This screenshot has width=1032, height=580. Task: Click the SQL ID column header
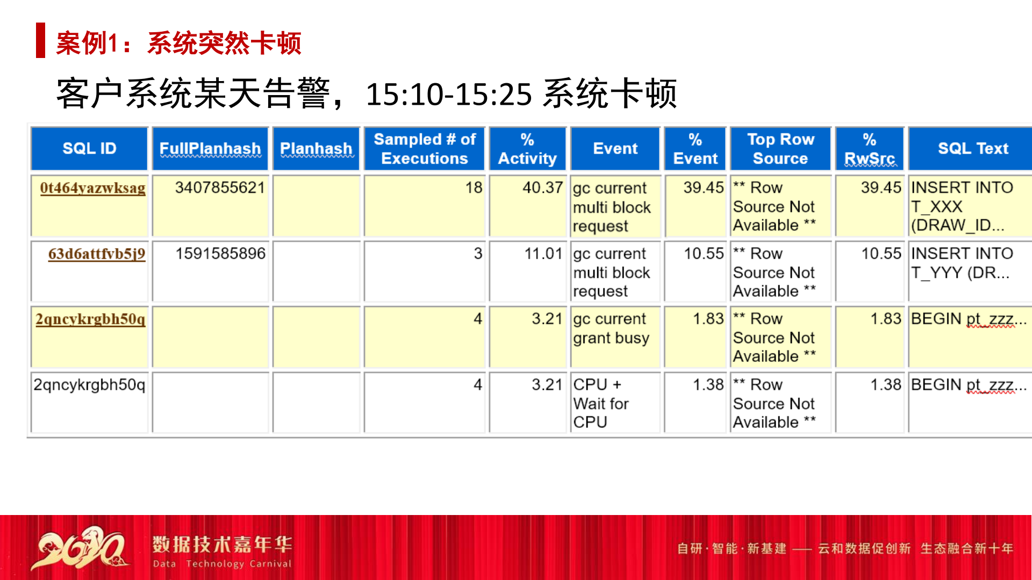[x=89, y=149]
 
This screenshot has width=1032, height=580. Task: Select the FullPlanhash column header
[x=210, y=149]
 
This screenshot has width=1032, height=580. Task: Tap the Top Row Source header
[x=780, y=149]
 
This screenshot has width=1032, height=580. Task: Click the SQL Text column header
[x=973, y=149]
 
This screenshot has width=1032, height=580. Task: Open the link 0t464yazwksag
[x=92, y=188]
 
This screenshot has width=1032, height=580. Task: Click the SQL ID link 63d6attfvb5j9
[x=97, y=253]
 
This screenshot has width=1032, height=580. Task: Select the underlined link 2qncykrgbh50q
[x=90, y=319]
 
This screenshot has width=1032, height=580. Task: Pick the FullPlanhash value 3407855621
[x=220, y=188]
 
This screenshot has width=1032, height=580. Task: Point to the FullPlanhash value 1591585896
[x=220, y=253]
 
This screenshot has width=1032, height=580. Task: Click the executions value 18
[x=474, y=188]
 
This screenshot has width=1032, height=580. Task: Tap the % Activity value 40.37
[x=542, y=188]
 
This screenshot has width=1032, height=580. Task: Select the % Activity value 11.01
[x=543, y=253]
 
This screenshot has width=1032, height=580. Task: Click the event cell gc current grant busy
[x=611, y=329]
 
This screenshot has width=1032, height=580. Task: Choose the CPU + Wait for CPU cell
[x=601, y=403]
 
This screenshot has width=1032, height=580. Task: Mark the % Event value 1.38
[x=708, y=385]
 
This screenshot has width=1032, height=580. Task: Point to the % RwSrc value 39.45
[x=881, y=188]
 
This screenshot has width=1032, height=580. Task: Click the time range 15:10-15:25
[x=449, y=95]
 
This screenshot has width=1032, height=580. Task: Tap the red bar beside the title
[x=40, y=40]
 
